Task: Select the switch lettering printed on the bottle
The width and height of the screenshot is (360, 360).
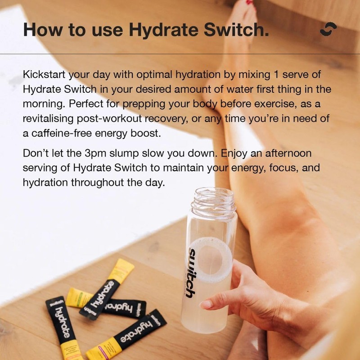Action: tap(191, 272)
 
